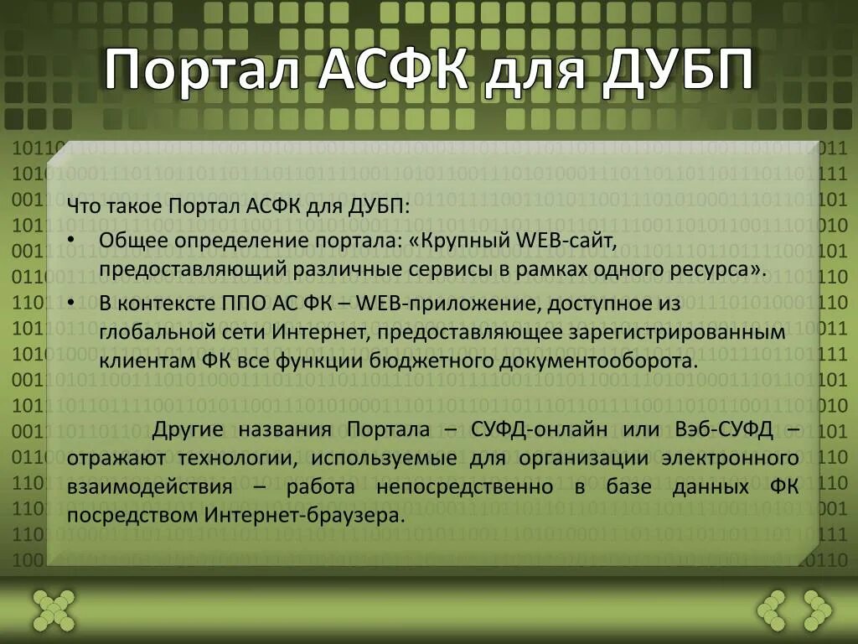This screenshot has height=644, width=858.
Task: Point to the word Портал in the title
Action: pyautogui.click(x=202, y=70)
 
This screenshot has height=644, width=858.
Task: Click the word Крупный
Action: pyautogui.click(x=464, y=241)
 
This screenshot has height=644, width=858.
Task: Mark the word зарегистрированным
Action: pyautogui.click(x=679, y=333)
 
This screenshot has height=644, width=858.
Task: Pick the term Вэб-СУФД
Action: pyautogui.click(x=724, y=430)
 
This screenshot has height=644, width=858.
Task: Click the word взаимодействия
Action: pyautogui.click(x=150, y=487)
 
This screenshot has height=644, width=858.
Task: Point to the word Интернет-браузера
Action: pyautogui.click(x=304, y=516)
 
